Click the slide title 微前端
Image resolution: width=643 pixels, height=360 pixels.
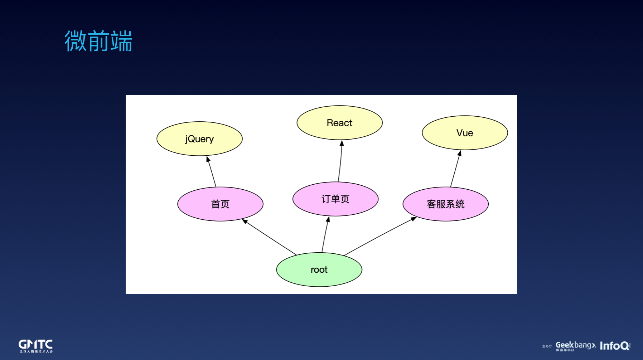tap(98, 41)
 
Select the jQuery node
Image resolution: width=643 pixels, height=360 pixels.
tap(199, 139)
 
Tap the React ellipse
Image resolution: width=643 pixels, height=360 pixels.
tap(339, 123)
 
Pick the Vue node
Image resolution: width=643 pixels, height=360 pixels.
tap(465, 133)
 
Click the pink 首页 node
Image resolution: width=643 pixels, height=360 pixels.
tap(220, 204)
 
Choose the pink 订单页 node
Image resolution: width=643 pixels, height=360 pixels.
tap(335, 199)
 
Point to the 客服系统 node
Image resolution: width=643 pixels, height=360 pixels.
tap(445, 204)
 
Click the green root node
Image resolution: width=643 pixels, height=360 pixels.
tap(319, 269)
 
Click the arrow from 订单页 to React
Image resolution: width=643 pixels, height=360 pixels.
tap(340, 163)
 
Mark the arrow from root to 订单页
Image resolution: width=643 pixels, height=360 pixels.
tap(325, 236)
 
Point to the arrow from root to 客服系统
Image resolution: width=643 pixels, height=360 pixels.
tap(379, 236)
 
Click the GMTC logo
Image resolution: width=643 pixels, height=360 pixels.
tap(35, 346)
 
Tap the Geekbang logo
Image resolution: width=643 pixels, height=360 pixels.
tap(575, 346)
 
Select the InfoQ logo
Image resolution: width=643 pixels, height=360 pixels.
tap(614, 346)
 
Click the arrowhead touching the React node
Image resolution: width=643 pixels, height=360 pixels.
tap(342, 143)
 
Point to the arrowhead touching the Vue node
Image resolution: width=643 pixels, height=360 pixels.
tap(460, 153)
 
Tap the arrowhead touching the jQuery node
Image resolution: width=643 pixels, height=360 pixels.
tap(208, 159)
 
